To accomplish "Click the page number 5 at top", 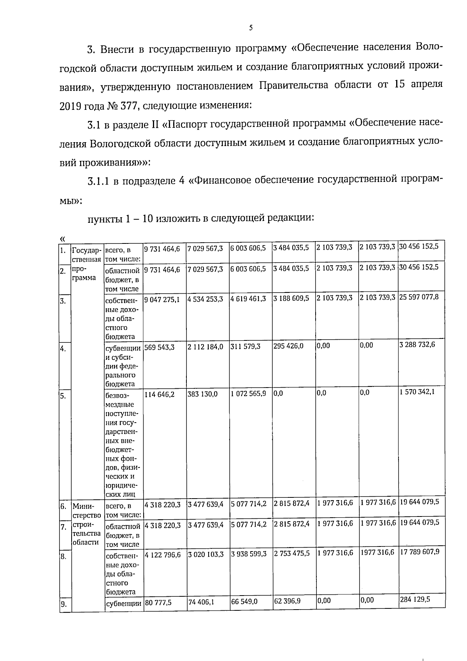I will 251,28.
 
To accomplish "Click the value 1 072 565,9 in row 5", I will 248,394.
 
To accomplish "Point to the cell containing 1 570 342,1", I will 417,392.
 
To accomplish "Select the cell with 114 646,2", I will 160,394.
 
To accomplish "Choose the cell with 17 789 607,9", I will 420,552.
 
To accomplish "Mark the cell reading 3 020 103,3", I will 205,554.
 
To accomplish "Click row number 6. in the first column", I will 63,507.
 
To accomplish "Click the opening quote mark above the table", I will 62,238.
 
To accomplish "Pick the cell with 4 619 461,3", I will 248,299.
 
